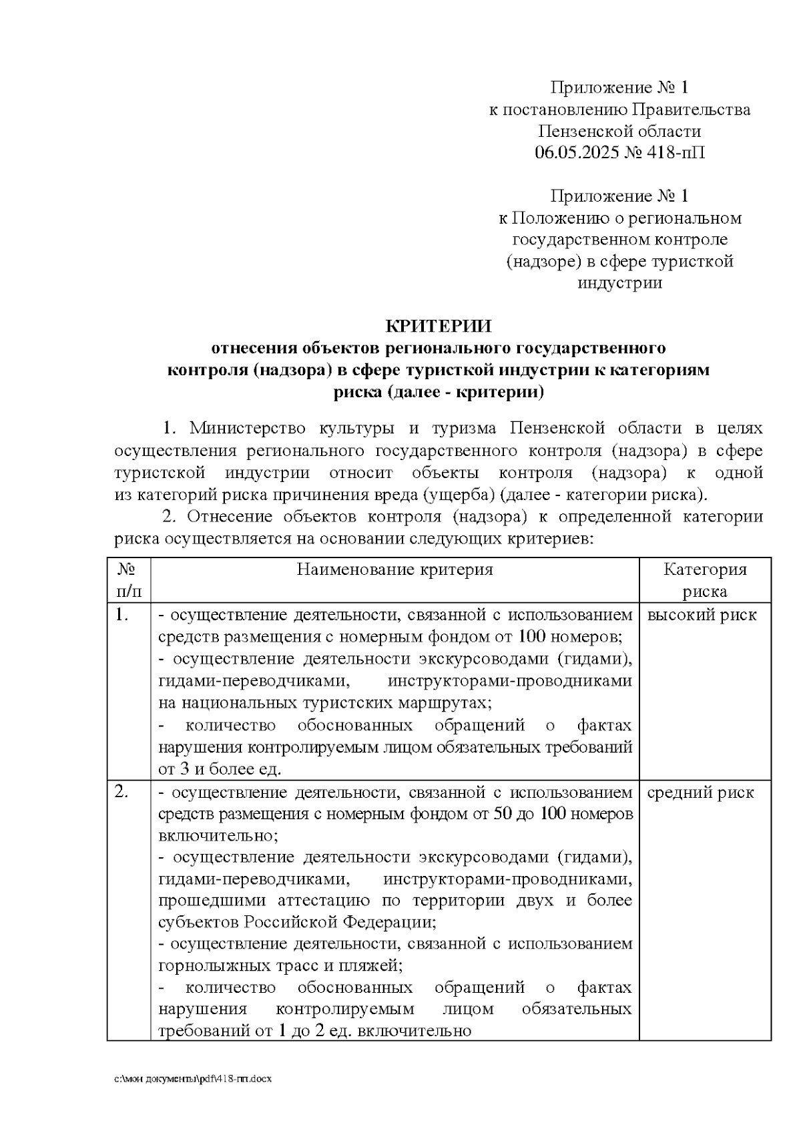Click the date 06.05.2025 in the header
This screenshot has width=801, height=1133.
coord(576,153)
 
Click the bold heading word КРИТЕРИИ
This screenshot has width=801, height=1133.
coord(439,326)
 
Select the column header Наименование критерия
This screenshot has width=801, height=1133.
coord(394,570)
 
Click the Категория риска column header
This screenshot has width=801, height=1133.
coord(704,580)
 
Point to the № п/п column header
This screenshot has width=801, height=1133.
coord(128,580)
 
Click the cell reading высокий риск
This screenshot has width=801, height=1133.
coord(702,615)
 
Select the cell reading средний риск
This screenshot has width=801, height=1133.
coord(700,792)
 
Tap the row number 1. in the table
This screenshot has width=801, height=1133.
coord(121,615)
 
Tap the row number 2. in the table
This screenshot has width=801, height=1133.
coord(121,792)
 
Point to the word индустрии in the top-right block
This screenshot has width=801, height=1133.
coord(619,283)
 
